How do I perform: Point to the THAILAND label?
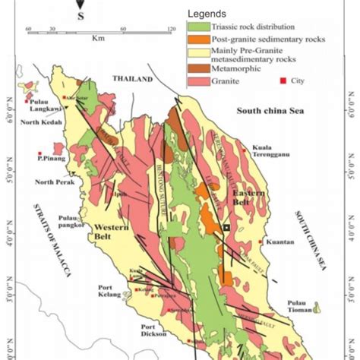point(133,79)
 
